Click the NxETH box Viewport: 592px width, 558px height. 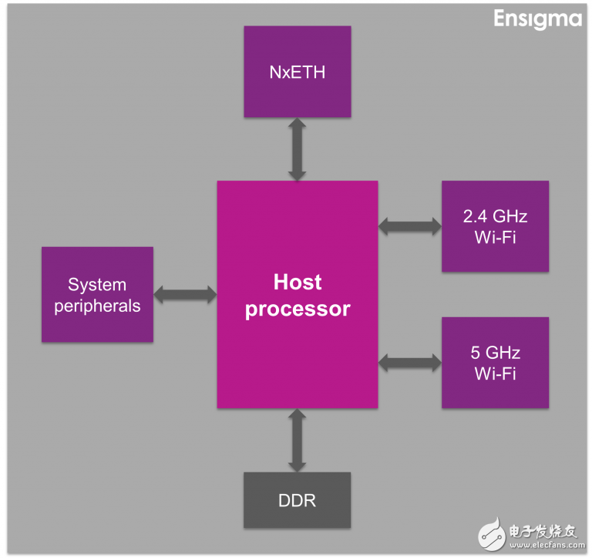(297, 72)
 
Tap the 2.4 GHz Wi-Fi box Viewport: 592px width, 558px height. (495, 226)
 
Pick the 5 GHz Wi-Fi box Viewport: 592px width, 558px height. (495, 363)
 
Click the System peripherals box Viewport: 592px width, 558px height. (97, 295)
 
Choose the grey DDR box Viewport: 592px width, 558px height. (297, 500)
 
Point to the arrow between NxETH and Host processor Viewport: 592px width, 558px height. (297, 149)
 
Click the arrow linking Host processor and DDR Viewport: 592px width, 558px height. (297, 440)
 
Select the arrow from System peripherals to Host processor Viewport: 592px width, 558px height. (185, 294)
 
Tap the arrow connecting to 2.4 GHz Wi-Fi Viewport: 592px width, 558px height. (409, 226)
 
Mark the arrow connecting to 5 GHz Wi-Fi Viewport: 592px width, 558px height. (409, 360)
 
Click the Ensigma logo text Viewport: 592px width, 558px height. (537, 19)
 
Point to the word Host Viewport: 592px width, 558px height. (297, 282)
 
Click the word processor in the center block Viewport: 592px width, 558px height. (297, 309)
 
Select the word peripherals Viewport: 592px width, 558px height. (97, 306)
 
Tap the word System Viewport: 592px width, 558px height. (97, 285)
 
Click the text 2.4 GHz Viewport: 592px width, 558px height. (495, 216)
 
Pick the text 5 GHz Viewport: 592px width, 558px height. (495, 353)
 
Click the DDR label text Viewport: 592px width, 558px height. (297, 500)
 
